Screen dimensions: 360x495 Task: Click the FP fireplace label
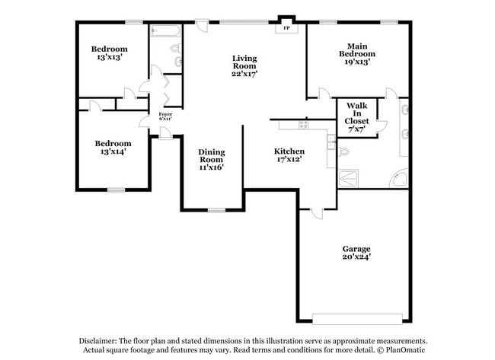pos(287,28)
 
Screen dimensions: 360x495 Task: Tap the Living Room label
pos(244,66)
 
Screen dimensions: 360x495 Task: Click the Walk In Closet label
pos(356,117)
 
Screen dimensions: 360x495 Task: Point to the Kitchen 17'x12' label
pos(289,156)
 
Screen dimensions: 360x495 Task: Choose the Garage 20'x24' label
pos(356,252)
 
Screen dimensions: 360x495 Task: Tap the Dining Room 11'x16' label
pos(212,160)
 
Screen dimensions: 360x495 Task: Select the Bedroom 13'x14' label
pos(113,147)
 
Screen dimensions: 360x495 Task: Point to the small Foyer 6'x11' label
pos(165,116)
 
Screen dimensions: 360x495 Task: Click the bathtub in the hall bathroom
pos(165,31)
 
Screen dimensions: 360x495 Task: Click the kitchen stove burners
pos(303,124)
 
